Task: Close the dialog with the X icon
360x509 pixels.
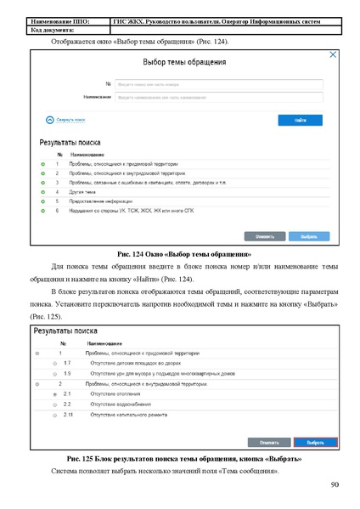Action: coord(333,54)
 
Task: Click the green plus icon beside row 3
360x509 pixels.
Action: coord(42,182)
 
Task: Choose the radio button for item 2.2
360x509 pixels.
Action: coord(55,404)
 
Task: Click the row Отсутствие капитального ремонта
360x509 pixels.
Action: coord(127,414)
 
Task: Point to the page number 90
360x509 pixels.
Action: coord(335,485)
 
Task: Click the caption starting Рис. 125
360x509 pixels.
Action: coord(180,459)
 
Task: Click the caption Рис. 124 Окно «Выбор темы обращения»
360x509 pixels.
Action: coord(179,255)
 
